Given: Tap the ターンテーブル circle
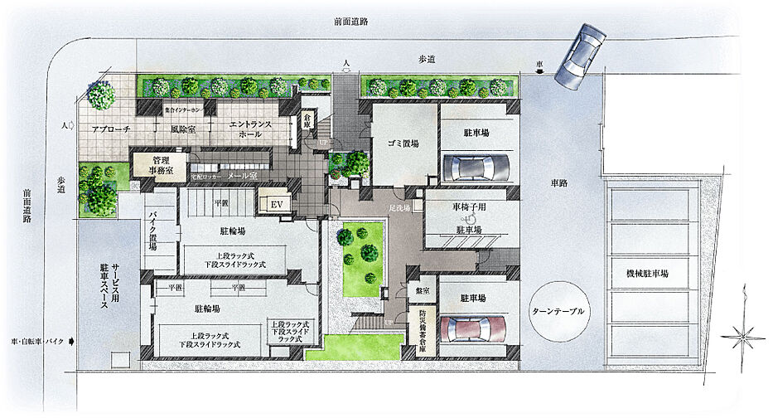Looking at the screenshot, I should (561, 310).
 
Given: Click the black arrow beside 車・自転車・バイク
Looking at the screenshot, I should (74, 341).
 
